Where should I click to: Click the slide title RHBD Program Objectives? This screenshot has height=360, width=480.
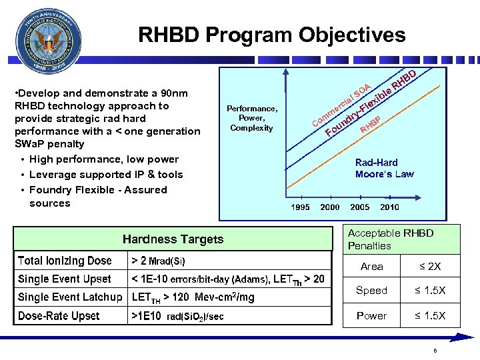pos(271,35)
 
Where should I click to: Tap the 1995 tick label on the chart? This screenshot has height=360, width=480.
pos(300,207)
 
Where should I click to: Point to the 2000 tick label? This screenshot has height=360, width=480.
pos(330,207)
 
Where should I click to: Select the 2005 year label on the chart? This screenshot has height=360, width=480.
pos(360,207)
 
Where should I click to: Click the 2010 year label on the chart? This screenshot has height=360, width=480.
pos(390,207)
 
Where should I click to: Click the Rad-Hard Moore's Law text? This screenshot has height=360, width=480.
pos(384,168)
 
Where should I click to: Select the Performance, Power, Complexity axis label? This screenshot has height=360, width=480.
pos(251,118)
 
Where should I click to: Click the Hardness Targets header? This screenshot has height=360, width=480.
pos(173,239)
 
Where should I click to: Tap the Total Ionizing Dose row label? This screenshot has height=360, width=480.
pos(65,261)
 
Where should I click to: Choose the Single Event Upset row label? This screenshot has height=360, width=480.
pos(65,279)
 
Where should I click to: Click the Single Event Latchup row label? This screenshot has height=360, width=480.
pos(70,297)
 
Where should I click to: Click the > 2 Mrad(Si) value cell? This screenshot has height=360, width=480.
pos(159,261)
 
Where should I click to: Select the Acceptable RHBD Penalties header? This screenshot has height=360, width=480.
pos(391,239)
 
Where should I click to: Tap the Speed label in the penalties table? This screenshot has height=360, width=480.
pos(371,291)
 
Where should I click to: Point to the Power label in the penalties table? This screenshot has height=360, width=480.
pos(371,315)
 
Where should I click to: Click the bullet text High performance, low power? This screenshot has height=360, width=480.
pos(104,159)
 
